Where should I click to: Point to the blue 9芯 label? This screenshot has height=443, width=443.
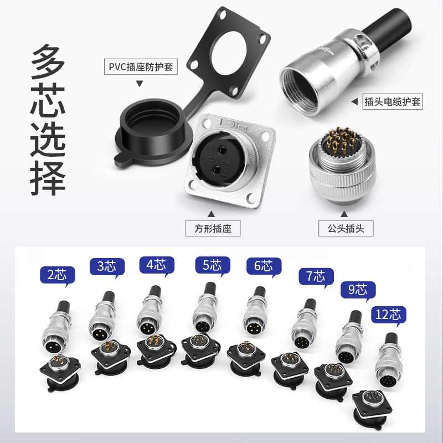[x=358, y=290]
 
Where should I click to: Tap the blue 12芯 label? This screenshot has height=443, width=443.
[x=388, y=315]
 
